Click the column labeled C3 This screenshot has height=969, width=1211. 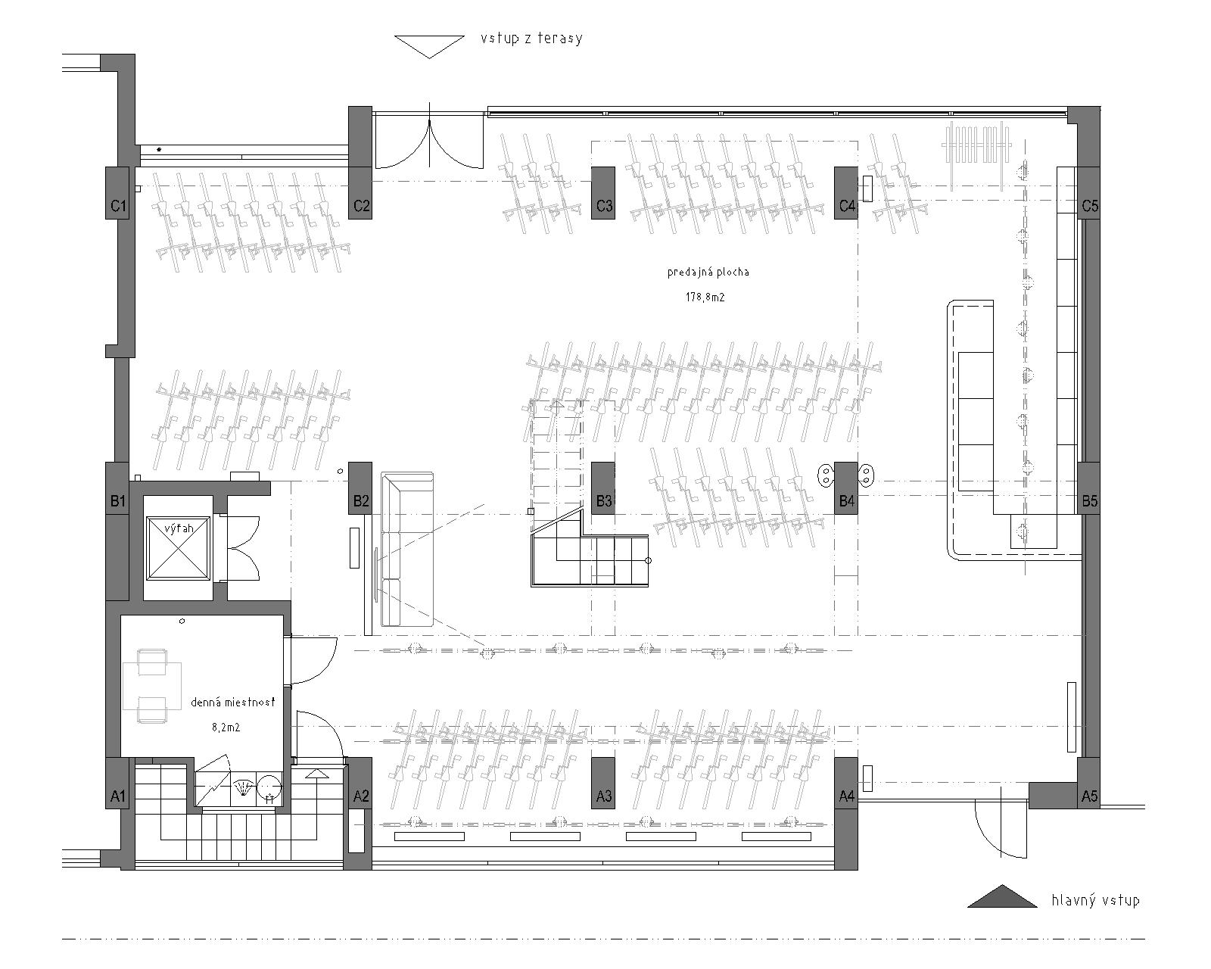pyautogui.click(x=602, y=192)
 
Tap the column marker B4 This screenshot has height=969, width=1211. pyautogui.click(x=845, y=488)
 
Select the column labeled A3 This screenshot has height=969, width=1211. pyautogui.click(x=602, y=784)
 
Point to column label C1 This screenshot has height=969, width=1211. pyautogui.click(x=117, y=206)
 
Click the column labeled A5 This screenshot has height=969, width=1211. pyautogui.click(x=1089, y=784)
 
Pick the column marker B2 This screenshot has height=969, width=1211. pyautogui.click(x=360, y=488)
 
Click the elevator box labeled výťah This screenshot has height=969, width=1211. pyautogui.click(x=178, y=548)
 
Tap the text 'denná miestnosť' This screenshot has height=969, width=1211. pyautogui.click(x=233, y=702)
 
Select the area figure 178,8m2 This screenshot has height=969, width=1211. pyautogui.click(x=705, y=298)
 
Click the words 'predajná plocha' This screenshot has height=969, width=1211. pyautogui.click(x=708, y=273)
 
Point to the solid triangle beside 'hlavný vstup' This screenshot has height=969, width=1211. pyautogui.click(x=1002, y=896)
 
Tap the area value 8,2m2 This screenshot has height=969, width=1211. pyautogui.click(x=226, y=728)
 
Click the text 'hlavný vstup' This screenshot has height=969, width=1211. pyautogui.click(x=1096, y=900)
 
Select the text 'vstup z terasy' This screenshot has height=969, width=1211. pyautogui.click(x=531, y=39)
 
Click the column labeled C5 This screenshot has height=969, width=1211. pyautogui.click(x=1089, y=192)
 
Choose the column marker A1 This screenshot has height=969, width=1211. pyautogui.click(x=117, y=784)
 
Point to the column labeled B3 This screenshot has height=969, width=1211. pyautogui.click(x=602, y=488)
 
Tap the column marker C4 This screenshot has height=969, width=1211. pyautogui.click(x=845, y=192)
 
